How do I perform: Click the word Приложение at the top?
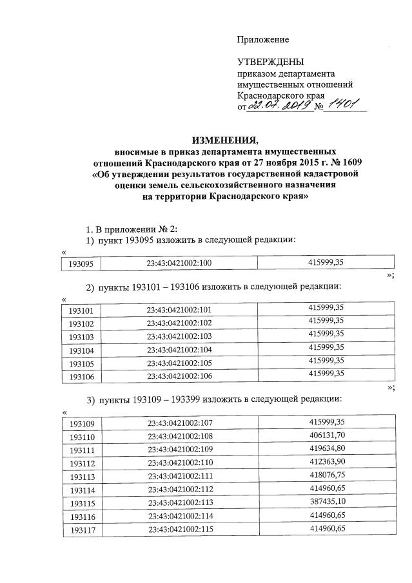262,40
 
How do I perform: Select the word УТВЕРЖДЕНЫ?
270,62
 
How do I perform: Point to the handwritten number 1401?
343,105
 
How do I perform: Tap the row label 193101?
81,311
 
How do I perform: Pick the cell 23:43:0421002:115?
179,530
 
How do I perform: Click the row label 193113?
81,477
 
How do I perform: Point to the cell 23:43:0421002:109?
179,450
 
